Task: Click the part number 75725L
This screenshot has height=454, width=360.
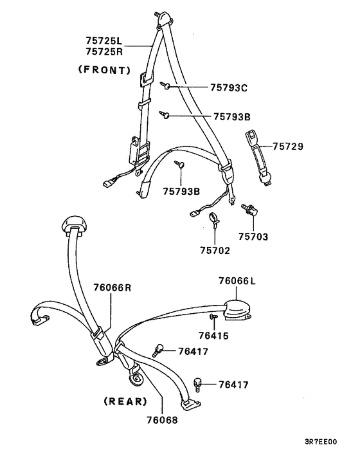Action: click(x=104, y=40)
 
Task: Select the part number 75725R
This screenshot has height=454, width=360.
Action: click(x=104, y=51)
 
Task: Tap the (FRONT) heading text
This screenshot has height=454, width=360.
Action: click(x=105, y=70)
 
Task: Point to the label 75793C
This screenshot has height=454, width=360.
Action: click(x=229, y=87)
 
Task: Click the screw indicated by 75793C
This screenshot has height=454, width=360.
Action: click(x=165, y=85)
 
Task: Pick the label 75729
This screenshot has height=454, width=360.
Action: click(x=288, y=146)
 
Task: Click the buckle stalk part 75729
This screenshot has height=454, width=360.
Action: click(x=258, y=157)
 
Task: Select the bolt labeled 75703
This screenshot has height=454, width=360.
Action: click(x=249, y=210)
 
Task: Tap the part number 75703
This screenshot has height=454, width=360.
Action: click(x=253, y=237)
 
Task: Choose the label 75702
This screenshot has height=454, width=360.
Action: click(x=215, y=250)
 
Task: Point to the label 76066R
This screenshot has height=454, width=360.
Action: click(x=113, y=287)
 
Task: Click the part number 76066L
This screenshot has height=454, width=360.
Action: click(x=237, y=280)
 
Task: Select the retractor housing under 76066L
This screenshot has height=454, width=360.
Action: click(x=238, y=310)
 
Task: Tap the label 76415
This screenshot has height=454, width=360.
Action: click(x=213, y=336)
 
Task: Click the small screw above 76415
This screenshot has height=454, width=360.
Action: click(x=213, y=316)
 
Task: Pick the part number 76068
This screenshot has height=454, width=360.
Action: click(x=162, y=420)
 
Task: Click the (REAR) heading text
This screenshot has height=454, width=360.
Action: click(x=125, y=401)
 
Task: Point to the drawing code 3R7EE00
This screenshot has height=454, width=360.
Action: click(x=321, y=442)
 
